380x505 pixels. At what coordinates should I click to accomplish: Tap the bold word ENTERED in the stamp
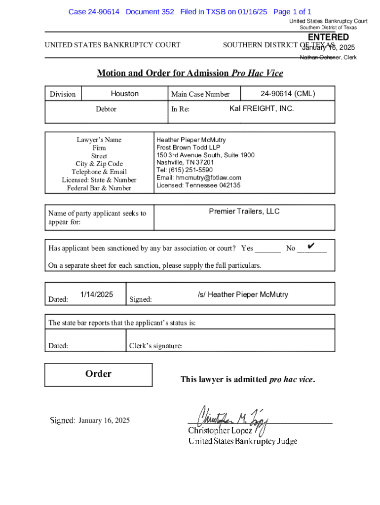[328, 37]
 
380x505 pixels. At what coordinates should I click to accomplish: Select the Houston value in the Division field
[124, 94]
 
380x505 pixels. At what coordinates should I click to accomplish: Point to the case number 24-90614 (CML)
[288, 94]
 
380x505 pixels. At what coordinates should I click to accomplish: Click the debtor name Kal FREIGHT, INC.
[262, 108]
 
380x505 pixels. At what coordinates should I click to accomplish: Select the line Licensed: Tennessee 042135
[198, 185]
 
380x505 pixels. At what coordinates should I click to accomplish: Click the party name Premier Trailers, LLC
[244, 212]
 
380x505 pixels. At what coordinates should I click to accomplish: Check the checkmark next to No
[311, 246]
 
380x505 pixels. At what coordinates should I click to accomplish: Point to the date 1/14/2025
[97, 294]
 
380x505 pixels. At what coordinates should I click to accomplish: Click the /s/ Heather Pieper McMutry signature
[243, 294]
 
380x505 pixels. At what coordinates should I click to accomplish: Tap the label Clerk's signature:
[155, 346]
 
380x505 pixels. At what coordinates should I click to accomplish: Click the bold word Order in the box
[98, 374]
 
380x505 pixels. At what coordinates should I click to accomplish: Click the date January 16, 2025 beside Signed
[104, 421]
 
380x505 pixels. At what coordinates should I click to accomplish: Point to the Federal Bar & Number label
[99, 188]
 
